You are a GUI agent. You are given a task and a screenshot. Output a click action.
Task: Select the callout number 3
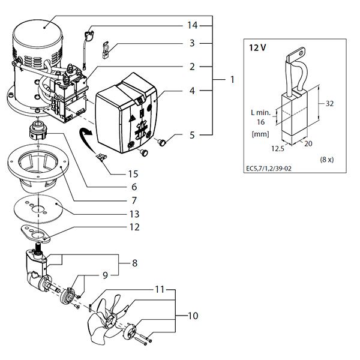[191, 43]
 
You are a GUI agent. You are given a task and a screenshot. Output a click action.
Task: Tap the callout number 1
[232, 79]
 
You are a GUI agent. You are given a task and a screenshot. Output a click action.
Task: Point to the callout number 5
[191, 136]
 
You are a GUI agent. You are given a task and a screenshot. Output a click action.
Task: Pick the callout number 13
[134, 214]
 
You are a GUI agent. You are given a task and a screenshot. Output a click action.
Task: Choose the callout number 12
[134, 227]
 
